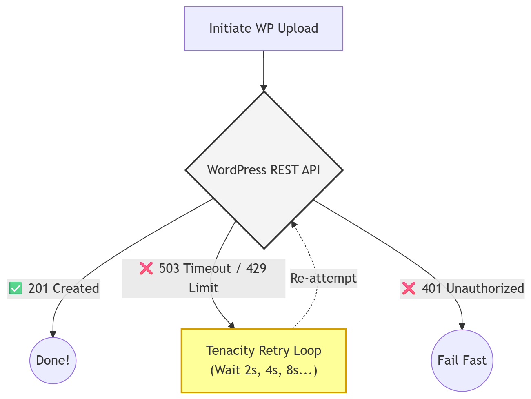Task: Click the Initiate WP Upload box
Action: coord(263,29)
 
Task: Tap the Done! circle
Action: coord(53,360)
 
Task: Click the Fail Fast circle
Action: coord(462,360)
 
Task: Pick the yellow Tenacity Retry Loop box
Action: coord(263,360)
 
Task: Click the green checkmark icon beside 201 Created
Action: coord(16,288)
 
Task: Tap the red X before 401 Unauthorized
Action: coord(409,288)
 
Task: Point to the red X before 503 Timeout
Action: coord(146,268)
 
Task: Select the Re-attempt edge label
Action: coord(323,278)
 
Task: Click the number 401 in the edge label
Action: coord(432,288)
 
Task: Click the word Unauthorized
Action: coord(485,288)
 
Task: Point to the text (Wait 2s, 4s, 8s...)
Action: coord(263,370)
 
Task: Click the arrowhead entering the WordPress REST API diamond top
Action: coord(264,88)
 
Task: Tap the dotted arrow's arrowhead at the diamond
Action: coord(293,225)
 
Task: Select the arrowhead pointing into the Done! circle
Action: coord(53,334)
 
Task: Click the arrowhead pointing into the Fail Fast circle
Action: coord(462,326)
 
